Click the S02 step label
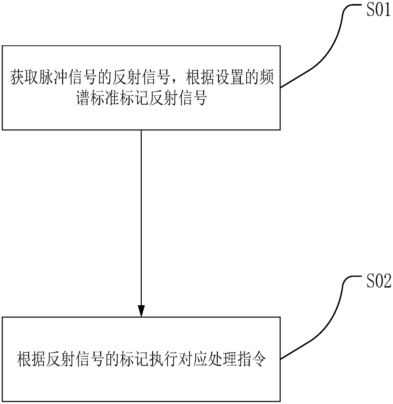pos(378,282)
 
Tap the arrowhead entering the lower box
pos(141,310)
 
